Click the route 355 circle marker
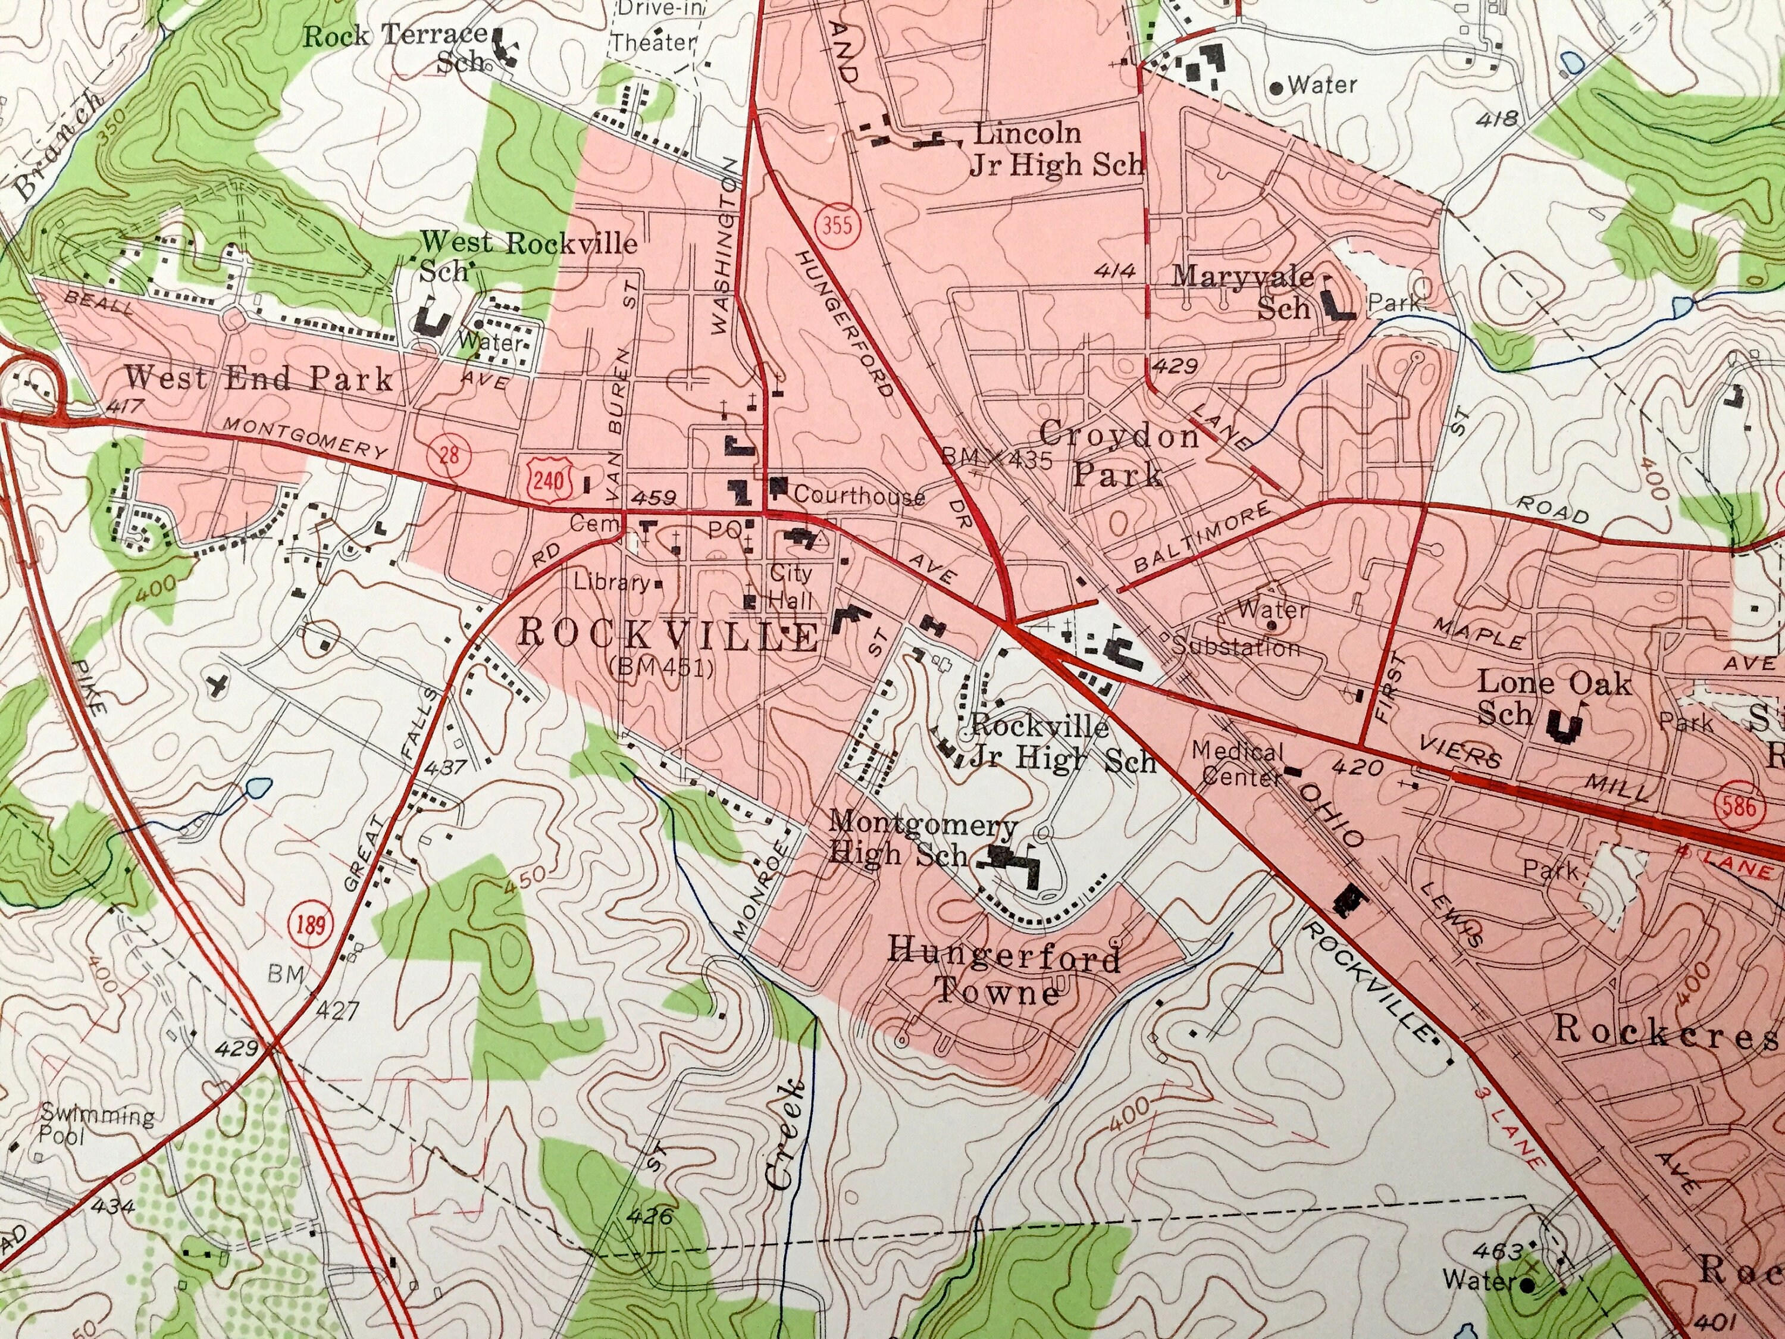click(x=838, y=224)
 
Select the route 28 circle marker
click(x=449, y=455)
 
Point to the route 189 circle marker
click(x=311, y=922)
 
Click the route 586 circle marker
click(x=1737, y=805)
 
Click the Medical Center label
click(x=1236, y=763)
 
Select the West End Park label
click(x=258, y=378)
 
